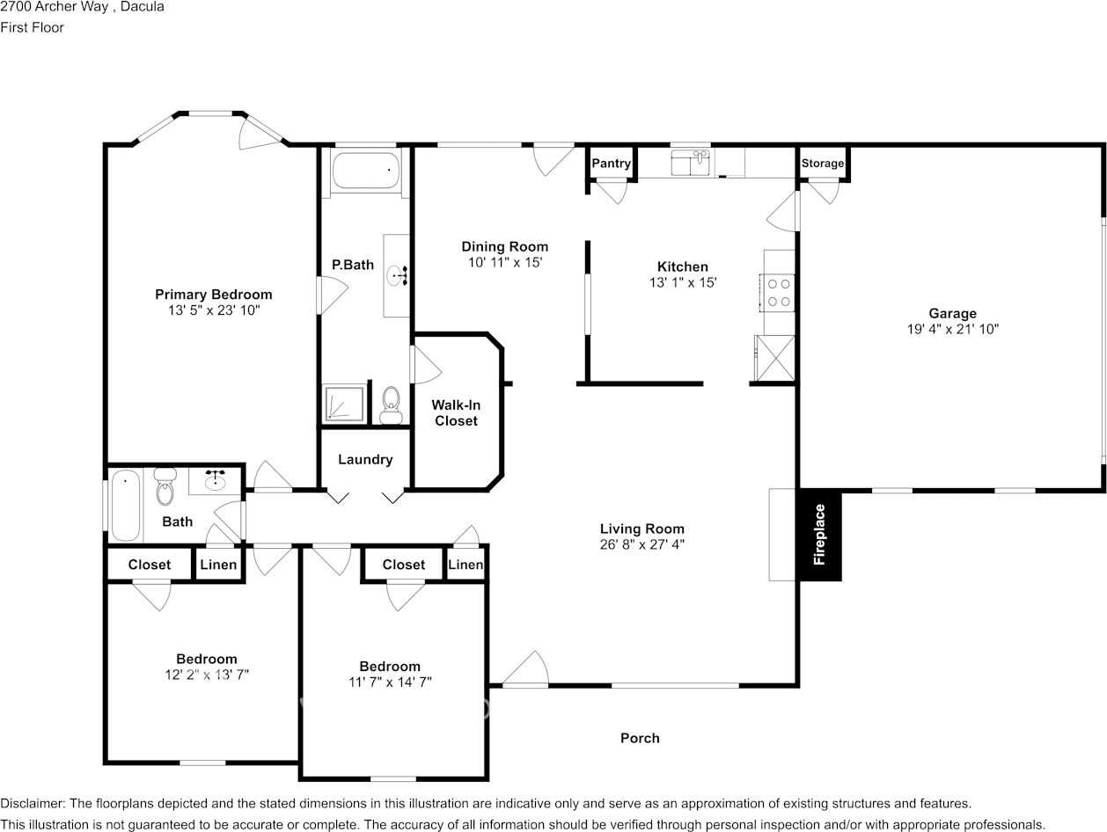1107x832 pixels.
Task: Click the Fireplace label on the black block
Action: [x=820, y=534]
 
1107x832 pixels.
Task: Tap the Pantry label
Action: [x=611, y=164]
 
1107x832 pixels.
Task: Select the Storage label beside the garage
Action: [x=822, y=164]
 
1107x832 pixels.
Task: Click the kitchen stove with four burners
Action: [x=778, y=293]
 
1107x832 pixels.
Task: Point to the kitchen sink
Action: [x=691, y=163]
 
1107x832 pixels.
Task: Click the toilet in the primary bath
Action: [x=392, y=405]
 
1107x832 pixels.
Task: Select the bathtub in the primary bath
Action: [x=364, y=170]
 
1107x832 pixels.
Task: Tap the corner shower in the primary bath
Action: [x=342, y=405]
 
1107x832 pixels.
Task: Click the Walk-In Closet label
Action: [x=456, y=413]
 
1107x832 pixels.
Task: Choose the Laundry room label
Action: [x=365, y=459]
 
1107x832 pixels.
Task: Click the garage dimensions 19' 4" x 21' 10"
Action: [x=952, y=329]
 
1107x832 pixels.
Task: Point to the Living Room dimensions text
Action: [x=641, y=544]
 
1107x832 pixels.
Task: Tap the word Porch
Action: [x=640, y=738]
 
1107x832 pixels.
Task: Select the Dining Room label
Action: [x=505, y=246]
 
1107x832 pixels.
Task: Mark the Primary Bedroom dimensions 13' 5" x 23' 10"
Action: [x=214, y=310]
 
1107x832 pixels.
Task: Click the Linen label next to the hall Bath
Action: [x=218, y=565]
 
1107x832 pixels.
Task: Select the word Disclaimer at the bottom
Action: [x=33, y=803]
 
